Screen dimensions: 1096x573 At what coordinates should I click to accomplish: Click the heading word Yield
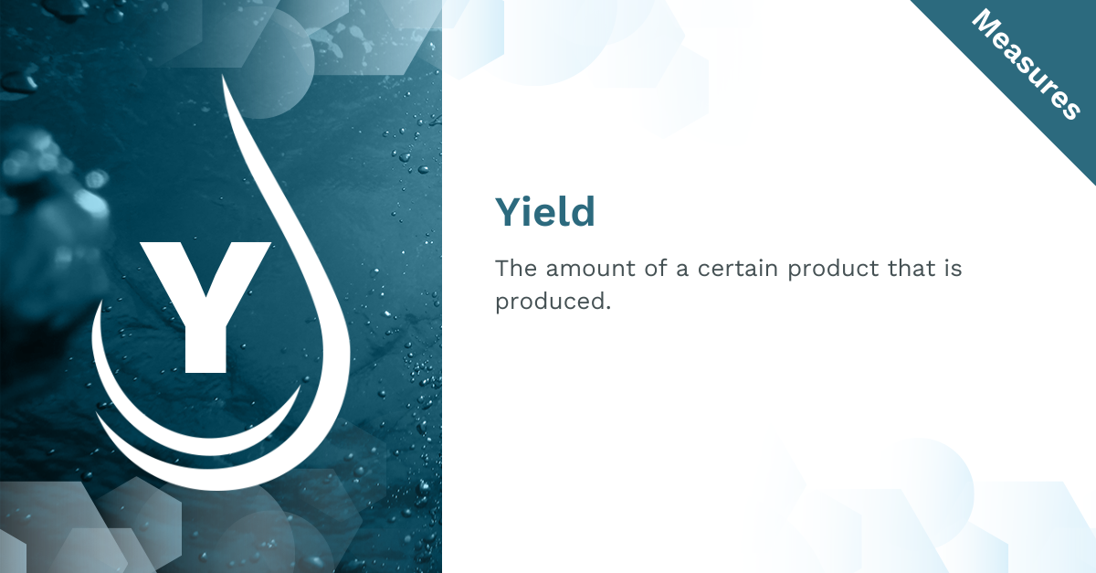545,212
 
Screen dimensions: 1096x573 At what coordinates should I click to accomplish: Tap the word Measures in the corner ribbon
1027,64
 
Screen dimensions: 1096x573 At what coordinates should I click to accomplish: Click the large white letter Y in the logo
205,307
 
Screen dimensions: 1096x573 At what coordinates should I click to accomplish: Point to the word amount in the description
591,269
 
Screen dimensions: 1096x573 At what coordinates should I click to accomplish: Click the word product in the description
833,271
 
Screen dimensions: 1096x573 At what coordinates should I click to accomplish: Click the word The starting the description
516,269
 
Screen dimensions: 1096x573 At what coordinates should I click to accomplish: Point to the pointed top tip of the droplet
223,76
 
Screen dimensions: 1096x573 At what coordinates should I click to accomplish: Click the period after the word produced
608,308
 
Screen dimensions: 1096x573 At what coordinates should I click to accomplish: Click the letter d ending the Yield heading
583,212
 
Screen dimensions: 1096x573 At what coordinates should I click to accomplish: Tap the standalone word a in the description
682,271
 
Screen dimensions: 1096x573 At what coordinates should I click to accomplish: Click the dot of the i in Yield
536,199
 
